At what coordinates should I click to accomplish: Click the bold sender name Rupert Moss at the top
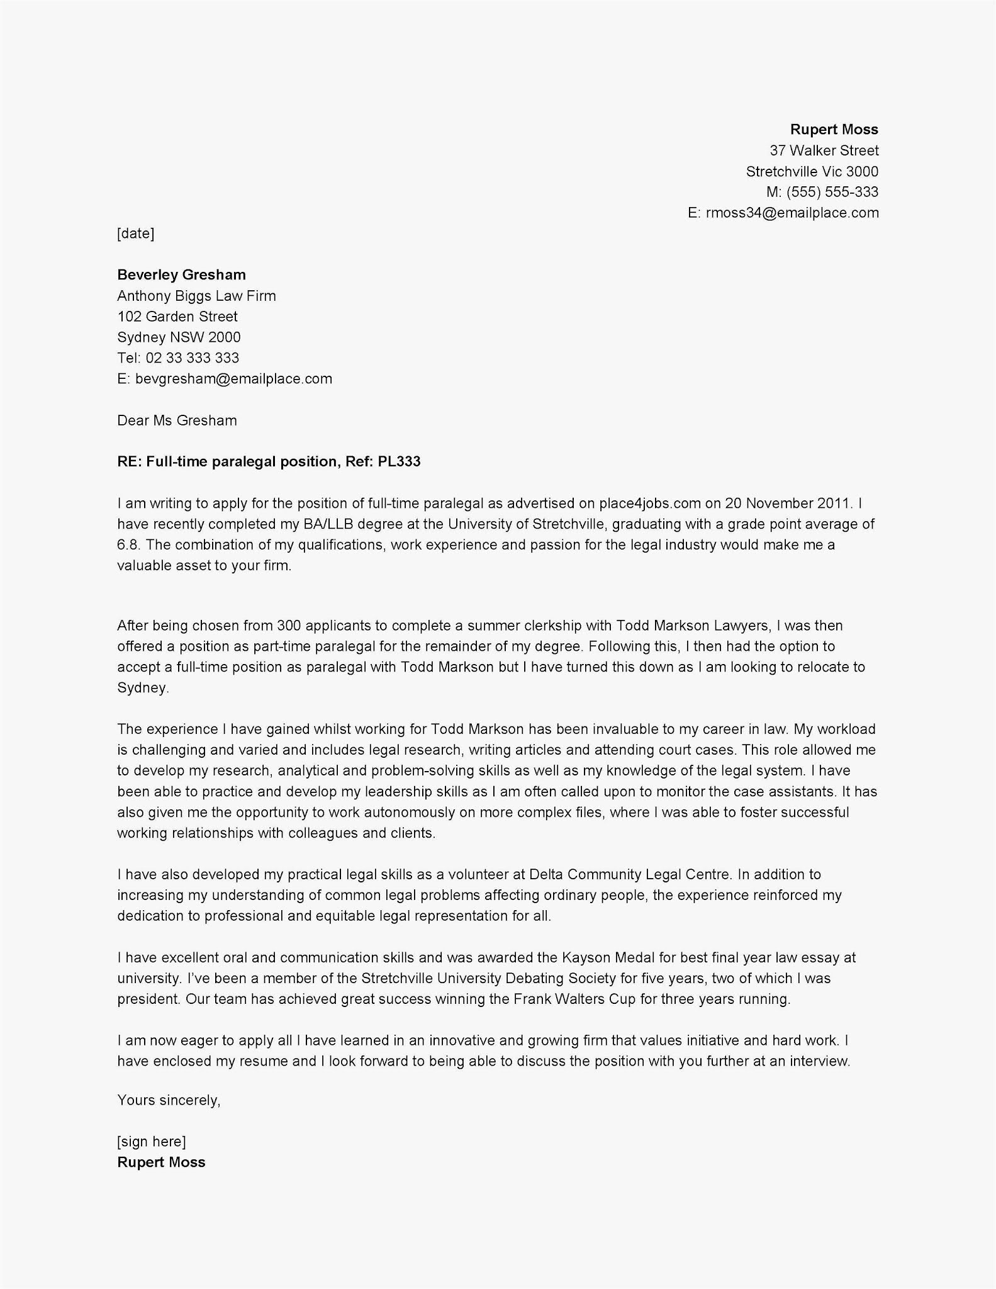pyautogui.click(x=834, y=130)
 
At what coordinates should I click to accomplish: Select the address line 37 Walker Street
pyautogui.click(x=824, y=150)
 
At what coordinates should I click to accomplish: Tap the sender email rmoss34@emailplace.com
pyautogui.click(x=792, y=213)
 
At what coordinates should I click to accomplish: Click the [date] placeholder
pyautogui.click(x=135, y=234)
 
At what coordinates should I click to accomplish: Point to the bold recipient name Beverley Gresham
pyautogui.click(x=181, y=275)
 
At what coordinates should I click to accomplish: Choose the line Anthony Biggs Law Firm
pyautogui.click(x=196, y=296)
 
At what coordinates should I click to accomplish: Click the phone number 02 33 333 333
pyautogui.click(x=193, y=358)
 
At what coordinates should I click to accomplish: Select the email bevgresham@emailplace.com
pyautogui.click(x=233, y=379)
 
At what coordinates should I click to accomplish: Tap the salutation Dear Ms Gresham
pyautogui.click(x=177, y=420)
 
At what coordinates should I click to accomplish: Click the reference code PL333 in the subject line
pyautogui.click(x=399, y=462)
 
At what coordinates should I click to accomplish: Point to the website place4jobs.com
pyautogui.click(x=649, y=504)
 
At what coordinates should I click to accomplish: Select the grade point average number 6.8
pyautogui.click(x=126, y=545)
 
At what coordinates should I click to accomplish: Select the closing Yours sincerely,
pyautogui.click(x=169, y=1100)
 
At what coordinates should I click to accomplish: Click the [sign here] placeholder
pyautogui.click(x=152, y=1142)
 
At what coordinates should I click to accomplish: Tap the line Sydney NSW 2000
pyautogui.click(x=179, y=337)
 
